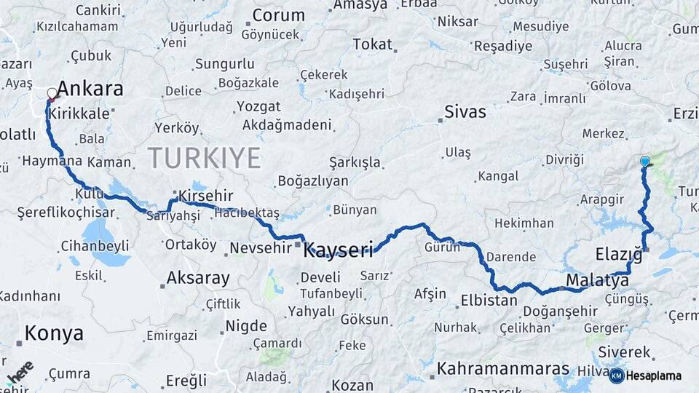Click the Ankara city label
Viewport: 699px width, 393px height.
coord(90,90)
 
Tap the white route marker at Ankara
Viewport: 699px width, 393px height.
coord(52,94)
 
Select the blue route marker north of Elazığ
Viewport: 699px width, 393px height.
coord(644,162)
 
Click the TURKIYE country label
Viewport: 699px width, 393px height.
coord(204,158)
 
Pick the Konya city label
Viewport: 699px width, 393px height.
coord(54,333)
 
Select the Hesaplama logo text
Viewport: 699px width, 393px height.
coord(655,376)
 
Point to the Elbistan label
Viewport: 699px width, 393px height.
coord(488,300)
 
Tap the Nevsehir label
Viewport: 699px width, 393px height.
coord(260,248)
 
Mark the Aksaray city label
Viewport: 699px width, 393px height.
coord(198,277)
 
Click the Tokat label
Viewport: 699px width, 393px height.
coord(372,44)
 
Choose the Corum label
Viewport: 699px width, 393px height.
coord(278,15)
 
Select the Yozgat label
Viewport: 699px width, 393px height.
coord(258,106)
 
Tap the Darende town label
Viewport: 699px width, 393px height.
coord(511,257)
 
